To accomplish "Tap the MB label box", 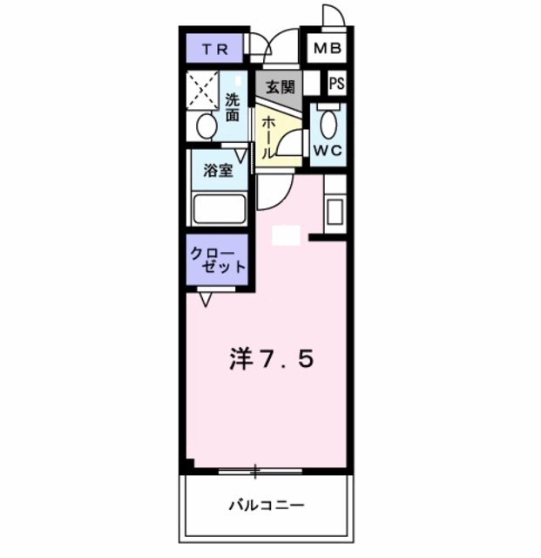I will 326,50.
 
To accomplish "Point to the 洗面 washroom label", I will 233,106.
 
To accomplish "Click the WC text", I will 328,149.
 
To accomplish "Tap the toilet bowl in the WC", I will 328,121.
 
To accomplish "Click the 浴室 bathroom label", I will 217,172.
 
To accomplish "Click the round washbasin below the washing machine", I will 206,127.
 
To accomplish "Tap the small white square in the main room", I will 286,235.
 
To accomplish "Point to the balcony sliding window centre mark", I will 255,473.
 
